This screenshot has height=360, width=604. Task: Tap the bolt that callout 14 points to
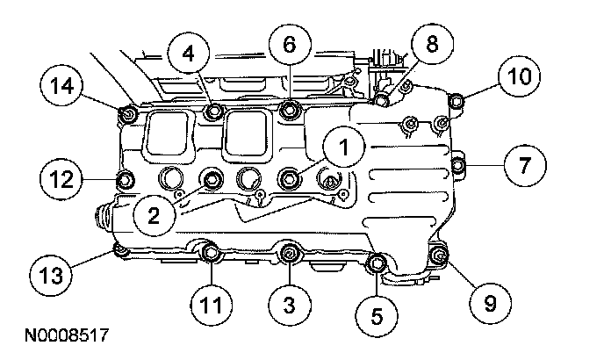126,112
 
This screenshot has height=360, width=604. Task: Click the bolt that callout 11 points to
211,255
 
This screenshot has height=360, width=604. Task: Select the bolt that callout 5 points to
377,263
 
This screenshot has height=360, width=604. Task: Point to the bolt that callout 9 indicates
441,256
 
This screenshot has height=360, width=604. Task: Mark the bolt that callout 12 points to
125,181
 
